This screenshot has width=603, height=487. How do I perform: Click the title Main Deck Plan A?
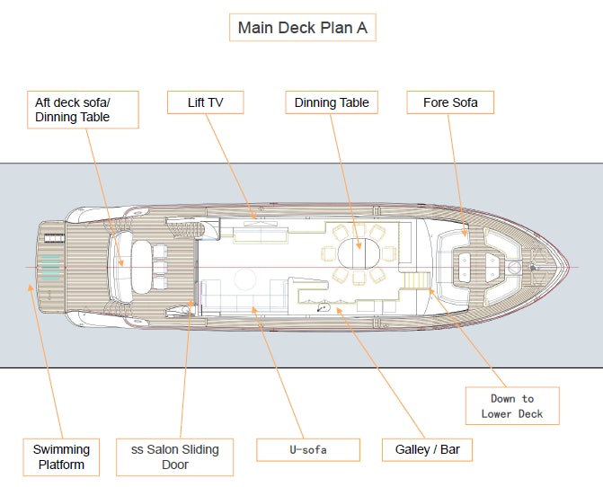[x=301, y=28]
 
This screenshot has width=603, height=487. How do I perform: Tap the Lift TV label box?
[x=206, y=102]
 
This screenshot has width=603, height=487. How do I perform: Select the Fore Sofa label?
[x=449, y=102]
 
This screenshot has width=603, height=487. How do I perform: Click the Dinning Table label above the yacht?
[x=332, y=102]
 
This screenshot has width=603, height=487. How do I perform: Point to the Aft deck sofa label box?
[x=82, y=110]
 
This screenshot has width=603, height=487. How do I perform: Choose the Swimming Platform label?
[x=61, y=456]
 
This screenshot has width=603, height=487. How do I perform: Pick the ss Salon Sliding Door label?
[x=174, y=456]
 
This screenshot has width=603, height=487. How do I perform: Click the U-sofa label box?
[x=308, y=449]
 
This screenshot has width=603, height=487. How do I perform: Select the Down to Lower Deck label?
[x=512, y=406]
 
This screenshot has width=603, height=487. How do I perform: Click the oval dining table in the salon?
[x=359, y=244]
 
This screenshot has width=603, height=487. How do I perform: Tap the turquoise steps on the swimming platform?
[x=50, y=266]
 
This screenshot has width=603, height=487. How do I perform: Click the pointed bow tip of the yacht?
[x=569, y=267]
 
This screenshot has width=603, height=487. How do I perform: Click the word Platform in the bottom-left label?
[x=61, y=465]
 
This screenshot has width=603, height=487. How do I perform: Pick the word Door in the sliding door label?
[x=174, y=465]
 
